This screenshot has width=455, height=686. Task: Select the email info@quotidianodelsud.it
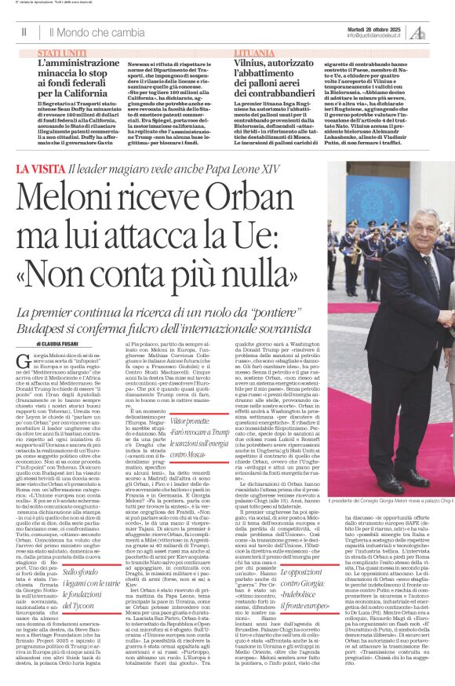click(x=376, y=35)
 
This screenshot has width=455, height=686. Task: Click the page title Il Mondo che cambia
click(x=96, y=32)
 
